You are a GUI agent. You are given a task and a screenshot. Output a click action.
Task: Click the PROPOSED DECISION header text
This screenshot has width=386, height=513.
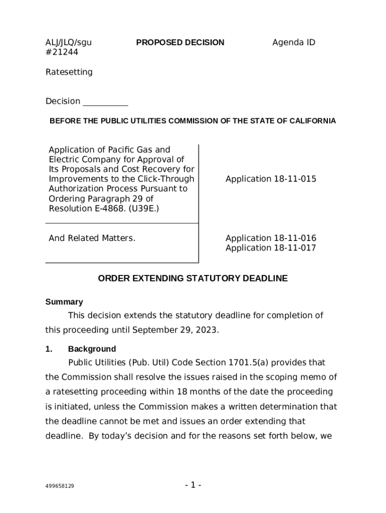click(180, 43)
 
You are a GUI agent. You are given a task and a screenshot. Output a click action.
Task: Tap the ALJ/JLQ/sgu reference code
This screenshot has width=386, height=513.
click(69, 43)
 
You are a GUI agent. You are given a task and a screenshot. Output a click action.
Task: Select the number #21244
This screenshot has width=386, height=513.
click(62, 52)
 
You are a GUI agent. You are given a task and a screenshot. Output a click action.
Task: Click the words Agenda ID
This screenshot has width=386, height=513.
click(293, 43)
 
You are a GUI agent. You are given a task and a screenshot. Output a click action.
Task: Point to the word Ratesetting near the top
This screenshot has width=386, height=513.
click(69, 72)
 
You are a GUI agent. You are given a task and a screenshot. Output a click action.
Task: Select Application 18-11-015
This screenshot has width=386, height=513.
click(271, 179)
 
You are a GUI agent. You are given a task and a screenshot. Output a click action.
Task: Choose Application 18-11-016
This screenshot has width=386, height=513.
click(271, 238)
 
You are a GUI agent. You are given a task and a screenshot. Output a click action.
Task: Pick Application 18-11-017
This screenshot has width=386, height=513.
click(271, 248)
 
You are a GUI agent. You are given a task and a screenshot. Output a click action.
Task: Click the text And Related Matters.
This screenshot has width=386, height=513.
click(92, 238)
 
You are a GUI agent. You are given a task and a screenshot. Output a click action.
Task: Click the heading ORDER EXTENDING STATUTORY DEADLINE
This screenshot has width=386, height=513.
click(192, 279)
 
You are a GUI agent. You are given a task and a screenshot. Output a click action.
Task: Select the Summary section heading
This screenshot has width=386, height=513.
click(64, 302)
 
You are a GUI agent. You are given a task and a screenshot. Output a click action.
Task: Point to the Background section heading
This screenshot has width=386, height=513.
click(92, 349)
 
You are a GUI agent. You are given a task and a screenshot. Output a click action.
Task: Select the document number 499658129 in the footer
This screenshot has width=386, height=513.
click(60, 486)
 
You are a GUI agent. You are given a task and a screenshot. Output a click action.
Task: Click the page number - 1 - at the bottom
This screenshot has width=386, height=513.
click(193, 485)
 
